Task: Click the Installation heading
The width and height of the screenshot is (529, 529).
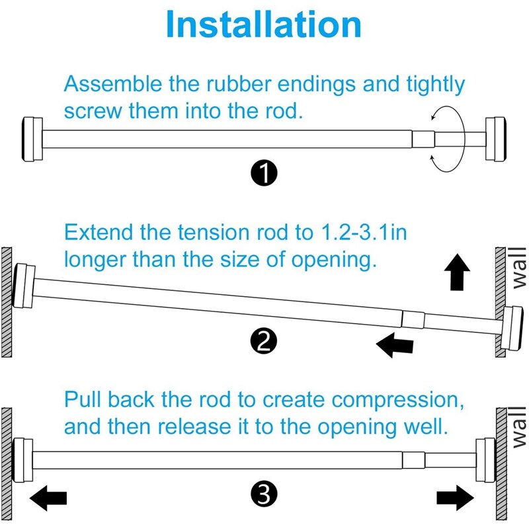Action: [264, 24]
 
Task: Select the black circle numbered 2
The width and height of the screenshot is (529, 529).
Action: [264, 341]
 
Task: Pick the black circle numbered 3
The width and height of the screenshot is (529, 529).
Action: [264, 493]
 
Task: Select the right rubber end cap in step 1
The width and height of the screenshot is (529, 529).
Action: [497, 139]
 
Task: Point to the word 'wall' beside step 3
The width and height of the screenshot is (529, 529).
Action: [519, 429]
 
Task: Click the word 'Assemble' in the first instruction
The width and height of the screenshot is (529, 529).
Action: [110, 85]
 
